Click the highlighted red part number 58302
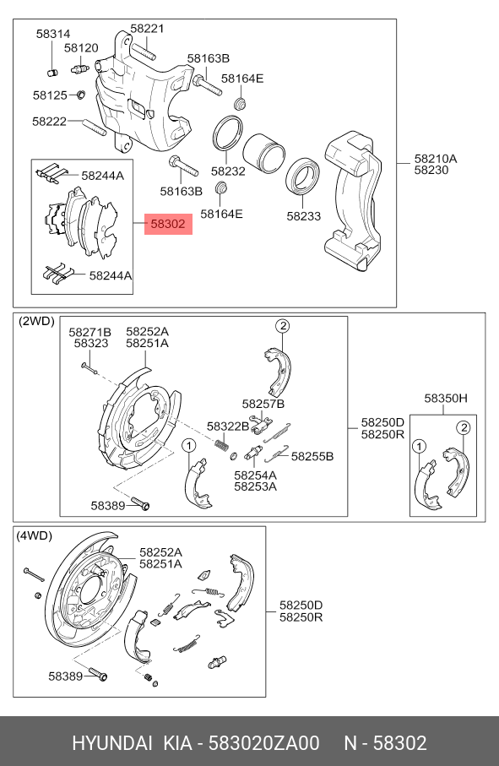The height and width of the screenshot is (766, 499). coord(169,225)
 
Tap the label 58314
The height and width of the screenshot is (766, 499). coord(53,34)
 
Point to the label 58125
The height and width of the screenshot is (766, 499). coord(50,95)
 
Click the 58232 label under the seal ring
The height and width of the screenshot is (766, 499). coord(228,170)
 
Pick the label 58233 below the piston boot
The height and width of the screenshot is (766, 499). coord(303,215)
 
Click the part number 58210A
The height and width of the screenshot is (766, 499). coord(435,158)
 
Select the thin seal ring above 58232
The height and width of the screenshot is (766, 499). coord(227,133)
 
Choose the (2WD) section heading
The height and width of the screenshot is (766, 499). coord(35,322)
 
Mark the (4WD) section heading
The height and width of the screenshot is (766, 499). coord(35,535)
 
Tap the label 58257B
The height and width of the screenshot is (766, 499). coord(263,404)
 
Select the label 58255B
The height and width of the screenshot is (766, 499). coord(312,456)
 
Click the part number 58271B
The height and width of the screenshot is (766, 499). coord(89,332)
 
